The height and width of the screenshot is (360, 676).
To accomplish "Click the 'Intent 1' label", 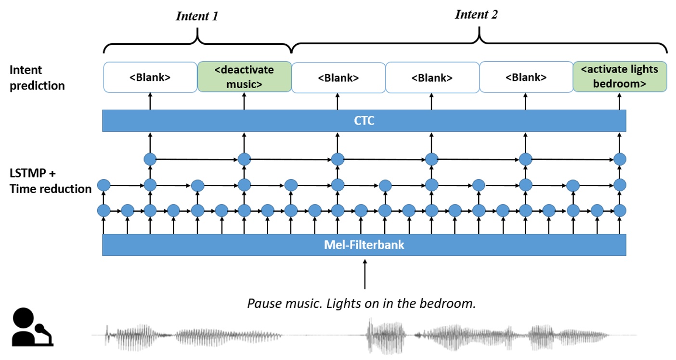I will [197, 16].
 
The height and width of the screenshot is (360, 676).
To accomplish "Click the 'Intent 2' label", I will [476, 14].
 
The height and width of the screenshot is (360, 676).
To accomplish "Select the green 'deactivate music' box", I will [244, 77].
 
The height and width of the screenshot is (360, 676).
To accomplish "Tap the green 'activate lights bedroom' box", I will [619, 77].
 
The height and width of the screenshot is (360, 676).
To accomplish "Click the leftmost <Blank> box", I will [150, 77].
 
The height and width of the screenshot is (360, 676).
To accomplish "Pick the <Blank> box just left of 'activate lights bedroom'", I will [525, 77].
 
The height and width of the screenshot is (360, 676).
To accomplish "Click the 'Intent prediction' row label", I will [37, 77].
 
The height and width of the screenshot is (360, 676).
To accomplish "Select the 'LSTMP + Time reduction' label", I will [50, 180].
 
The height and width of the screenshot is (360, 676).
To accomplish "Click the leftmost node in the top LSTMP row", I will [150, 159].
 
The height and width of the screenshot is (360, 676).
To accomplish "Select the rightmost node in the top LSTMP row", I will [620, 159].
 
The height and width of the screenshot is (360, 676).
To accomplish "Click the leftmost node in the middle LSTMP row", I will [104, 185].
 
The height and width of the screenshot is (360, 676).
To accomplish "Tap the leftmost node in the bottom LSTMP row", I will [104, 210].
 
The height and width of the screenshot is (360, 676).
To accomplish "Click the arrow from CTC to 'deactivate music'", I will [244, 101].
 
